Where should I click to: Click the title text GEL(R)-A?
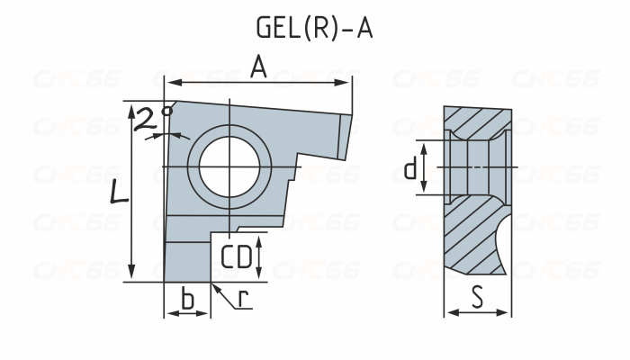tap(314, 28)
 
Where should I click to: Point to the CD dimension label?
tap(237, 257)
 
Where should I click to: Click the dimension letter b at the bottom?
tap(187, 299)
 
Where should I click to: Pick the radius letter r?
tap(244, 297)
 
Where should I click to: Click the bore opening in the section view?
tap(477, 167)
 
